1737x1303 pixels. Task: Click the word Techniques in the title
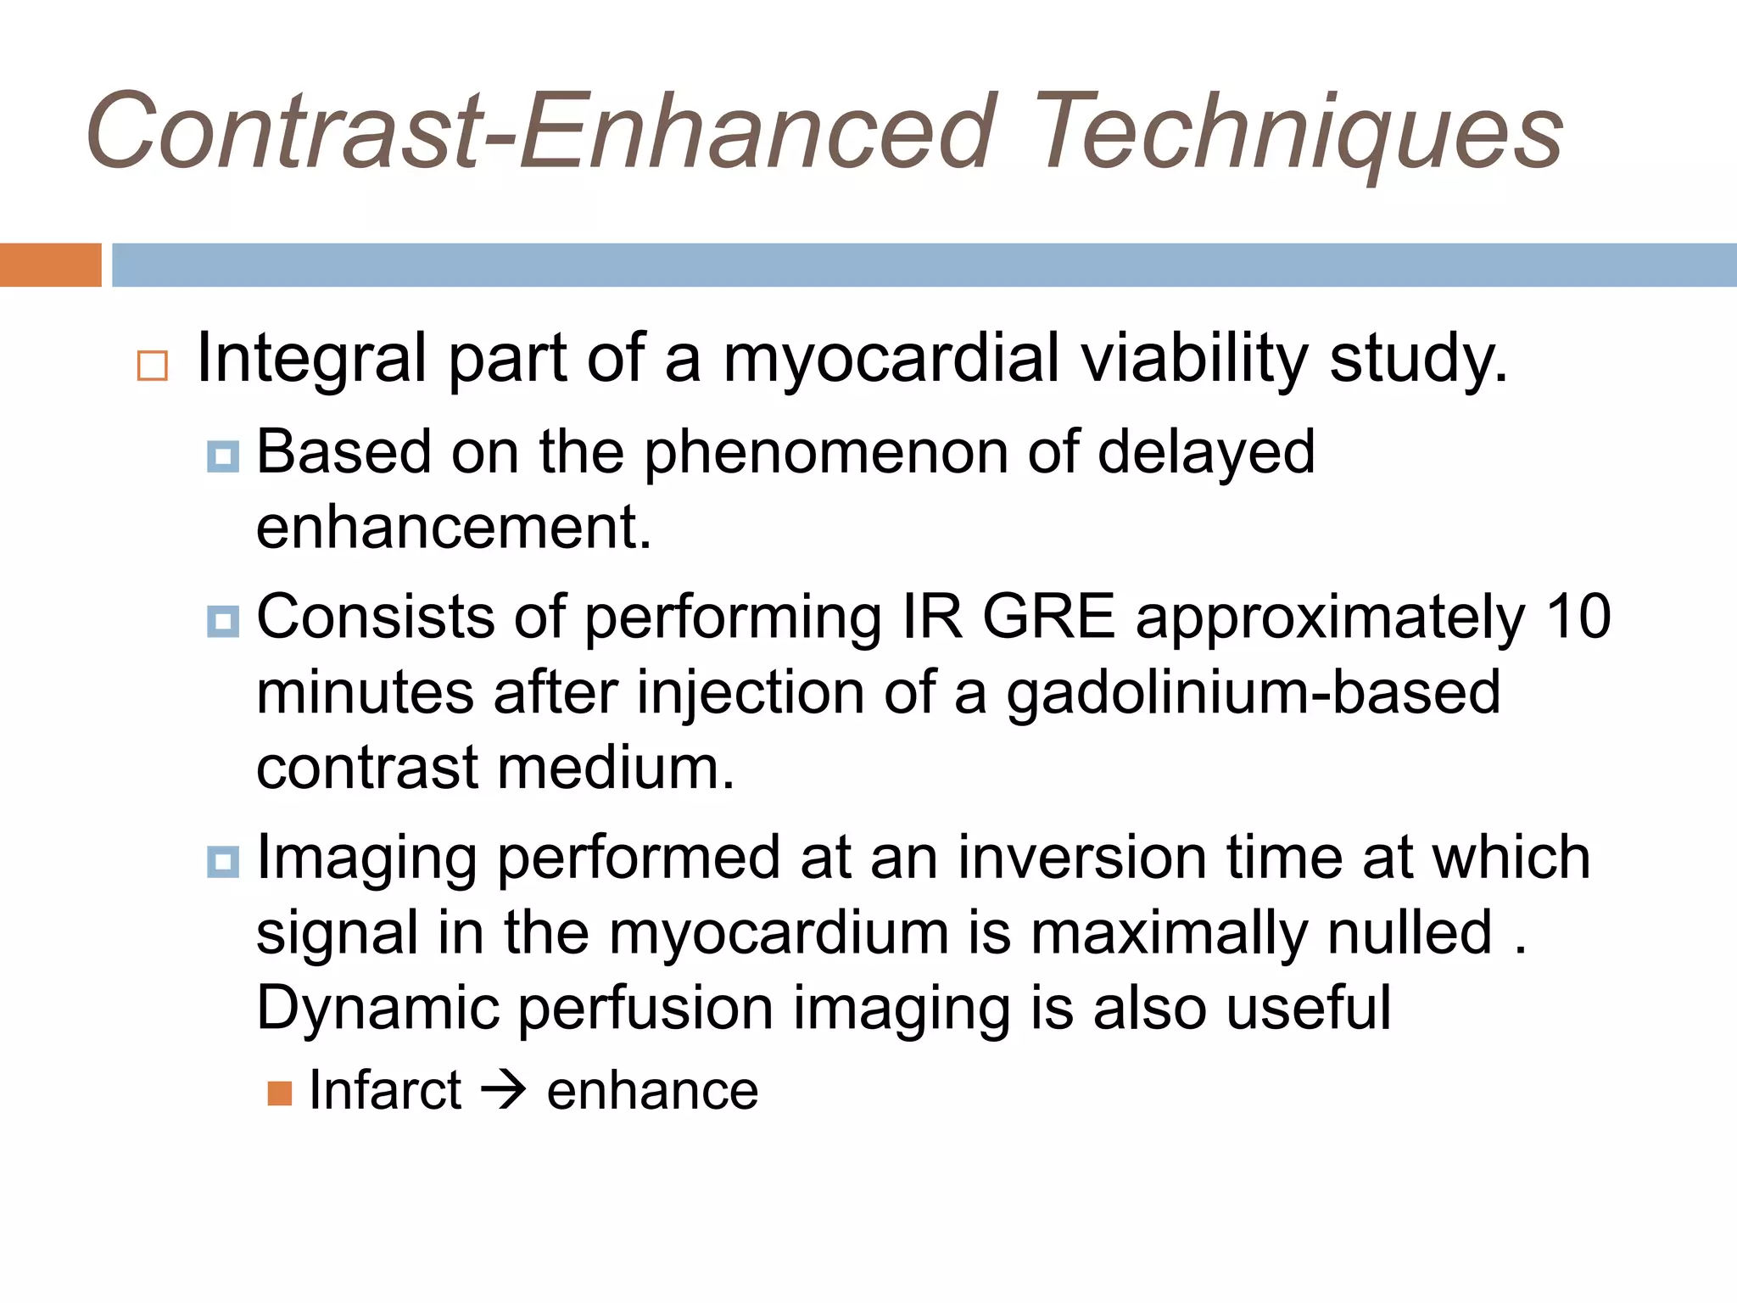[1298, 134]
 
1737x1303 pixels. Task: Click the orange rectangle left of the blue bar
[50, 265]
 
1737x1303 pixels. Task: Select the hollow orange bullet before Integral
[153, 366]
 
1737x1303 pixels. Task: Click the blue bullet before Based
[223, 457]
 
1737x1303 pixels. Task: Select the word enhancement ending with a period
[454, 528]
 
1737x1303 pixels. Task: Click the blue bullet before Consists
[223, 622]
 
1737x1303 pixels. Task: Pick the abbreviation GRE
[1048, 617]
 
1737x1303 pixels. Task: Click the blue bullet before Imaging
[223, 863]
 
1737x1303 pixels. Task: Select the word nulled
[1409, 933]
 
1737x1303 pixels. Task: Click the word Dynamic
[377, 1009]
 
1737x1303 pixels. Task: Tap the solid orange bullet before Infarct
[280, 1093]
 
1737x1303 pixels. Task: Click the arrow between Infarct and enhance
[504, 1090]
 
